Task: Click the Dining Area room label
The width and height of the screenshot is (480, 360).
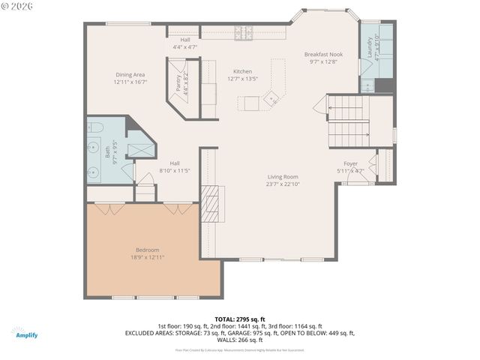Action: [x=130, y=74]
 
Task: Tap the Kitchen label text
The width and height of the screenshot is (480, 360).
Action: [x=241, y=71]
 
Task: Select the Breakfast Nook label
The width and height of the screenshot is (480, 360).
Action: [x=324, y=55]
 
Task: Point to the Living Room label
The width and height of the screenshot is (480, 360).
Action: [x=283, y=177]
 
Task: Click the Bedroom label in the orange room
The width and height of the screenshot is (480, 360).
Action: [x=147, y=250]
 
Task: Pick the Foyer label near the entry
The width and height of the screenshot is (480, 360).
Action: [x=350, y=163]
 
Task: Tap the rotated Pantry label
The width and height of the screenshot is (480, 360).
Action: [x=178, y=83]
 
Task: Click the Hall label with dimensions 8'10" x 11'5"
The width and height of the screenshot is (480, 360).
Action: [x=174, y=163]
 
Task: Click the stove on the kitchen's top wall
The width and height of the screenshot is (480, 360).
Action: [x=243, y=32]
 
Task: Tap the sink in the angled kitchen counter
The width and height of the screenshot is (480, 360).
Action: [x=271, y=96]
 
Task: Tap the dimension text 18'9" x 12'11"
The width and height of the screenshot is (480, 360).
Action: [x=147, y=257]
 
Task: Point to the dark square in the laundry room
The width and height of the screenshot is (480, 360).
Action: [x=383, y=85]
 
